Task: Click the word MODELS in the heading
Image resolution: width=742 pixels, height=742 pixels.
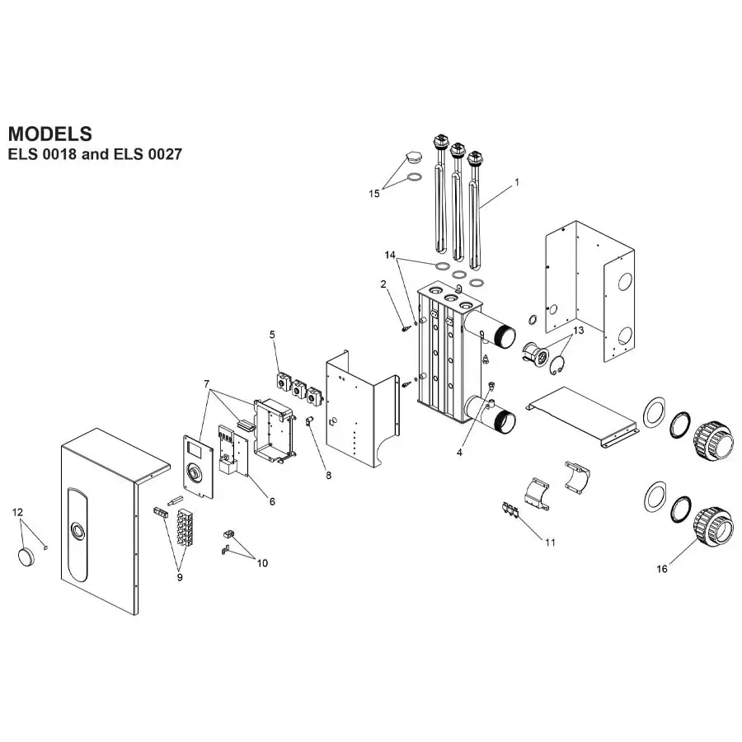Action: coord(49,134)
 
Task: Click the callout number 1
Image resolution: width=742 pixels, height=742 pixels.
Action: coord(517,181)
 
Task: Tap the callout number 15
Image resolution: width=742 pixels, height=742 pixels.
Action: coord(374,193)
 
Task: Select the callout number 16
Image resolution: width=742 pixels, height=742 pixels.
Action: coord(662,569)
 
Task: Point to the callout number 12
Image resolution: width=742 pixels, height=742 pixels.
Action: coord(18,513)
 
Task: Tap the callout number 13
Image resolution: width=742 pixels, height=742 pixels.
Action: coord(578,330)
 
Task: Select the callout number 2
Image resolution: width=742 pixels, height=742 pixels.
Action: coord(383,284)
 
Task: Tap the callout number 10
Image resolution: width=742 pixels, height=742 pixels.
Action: coord(262,563)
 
